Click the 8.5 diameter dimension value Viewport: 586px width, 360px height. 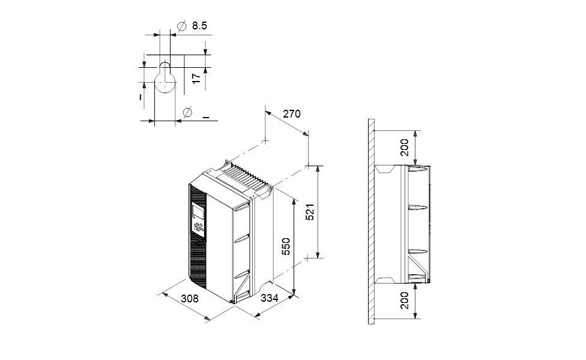click(x=199, y=26)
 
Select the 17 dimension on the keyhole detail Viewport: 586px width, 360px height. click(x=195, y=79)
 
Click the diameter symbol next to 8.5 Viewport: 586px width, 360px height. click(x=181, y=26)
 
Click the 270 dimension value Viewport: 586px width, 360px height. click(x=291, y=114)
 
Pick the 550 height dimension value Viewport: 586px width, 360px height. click(x=286, y=247)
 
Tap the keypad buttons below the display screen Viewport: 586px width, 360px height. click(x=198, y=227)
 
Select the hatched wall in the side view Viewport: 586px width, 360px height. click(x=371, y=222)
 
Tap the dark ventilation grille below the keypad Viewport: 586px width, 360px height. click(x=198, y=258)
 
